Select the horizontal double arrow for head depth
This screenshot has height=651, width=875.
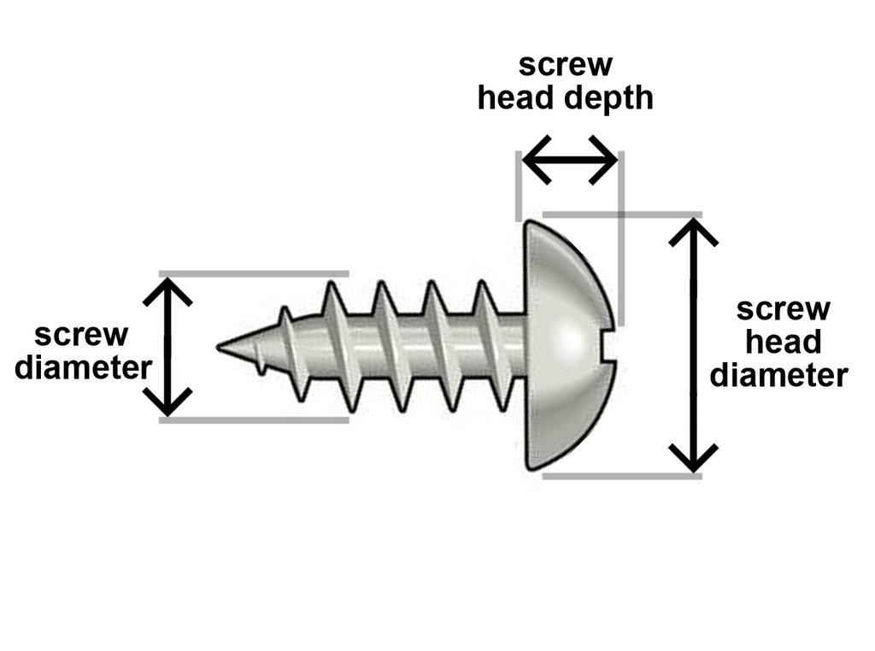click(569, 160)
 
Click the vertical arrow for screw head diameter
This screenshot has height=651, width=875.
click(693, 345)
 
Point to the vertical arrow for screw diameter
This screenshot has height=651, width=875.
click(167, 345)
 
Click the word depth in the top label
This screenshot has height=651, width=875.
click(610, 99)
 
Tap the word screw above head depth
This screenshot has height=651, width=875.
click(565, 65)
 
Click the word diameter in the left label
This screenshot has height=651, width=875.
click(83, 368)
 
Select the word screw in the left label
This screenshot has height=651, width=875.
click(81, 335)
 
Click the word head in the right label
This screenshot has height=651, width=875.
click(782, 343)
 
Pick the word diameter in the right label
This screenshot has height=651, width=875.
click(778, 376)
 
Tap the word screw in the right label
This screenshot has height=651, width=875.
click(782, 309)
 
